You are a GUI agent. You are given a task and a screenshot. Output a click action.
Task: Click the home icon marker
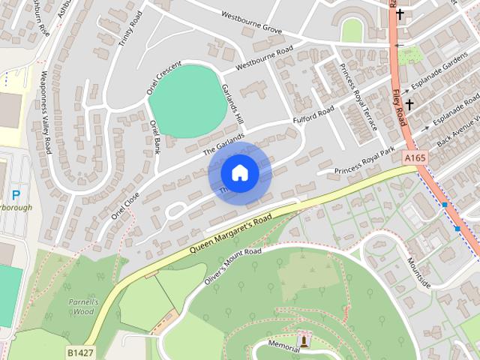pos(239,172)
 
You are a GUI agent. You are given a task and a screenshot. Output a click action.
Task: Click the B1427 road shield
pos(79,351)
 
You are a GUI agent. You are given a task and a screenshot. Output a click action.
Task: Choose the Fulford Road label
pos(313,117)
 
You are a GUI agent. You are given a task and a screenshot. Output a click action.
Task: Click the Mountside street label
pos(418,273)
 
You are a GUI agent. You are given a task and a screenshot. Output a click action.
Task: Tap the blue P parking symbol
pos(16,193)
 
